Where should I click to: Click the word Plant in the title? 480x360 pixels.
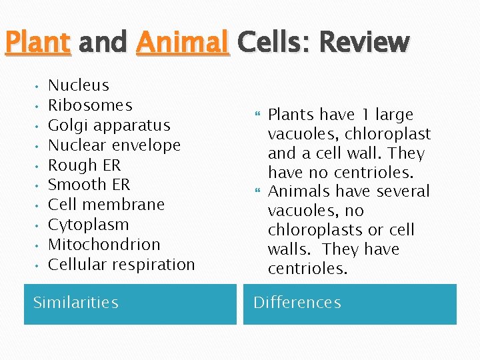coord(37,43)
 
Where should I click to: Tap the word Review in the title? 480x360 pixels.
coord(363,43)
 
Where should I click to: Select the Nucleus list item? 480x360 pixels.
coord(79,85)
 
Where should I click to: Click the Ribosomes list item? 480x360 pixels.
coord(90,105)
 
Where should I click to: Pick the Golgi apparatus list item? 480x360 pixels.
coord(109,125)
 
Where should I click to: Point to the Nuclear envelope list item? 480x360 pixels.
coord(114,145)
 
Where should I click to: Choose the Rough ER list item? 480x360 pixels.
coord(85,165)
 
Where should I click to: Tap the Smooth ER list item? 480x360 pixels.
coord(89,185)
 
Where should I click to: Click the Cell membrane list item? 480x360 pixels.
coord(106,205)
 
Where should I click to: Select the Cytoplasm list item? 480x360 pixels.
coord(89,225)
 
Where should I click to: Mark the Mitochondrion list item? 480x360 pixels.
coord(104,245)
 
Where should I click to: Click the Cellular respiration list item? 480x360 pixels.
coord(121,265)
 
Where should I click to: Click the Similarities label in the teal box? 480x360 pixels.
coord(76,303)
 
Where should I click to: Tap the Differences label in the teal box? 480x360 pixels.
coord(297,303)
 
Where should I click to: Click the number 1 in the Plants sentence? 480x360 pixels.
coord(365,115)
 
